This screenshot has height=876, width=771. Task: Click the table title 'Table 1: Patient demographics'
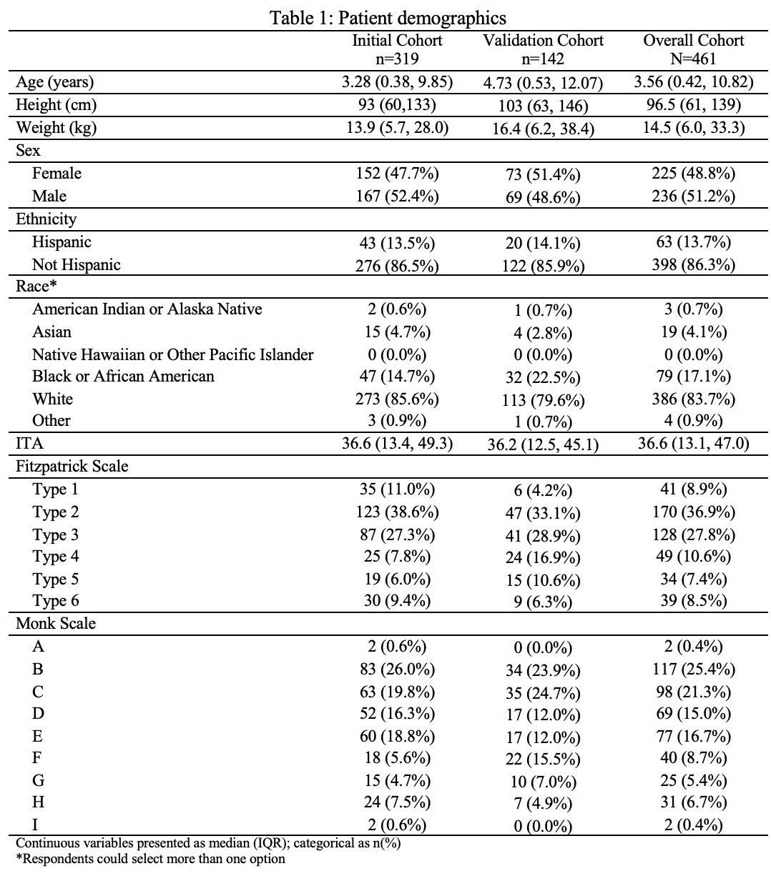click(x=388, y=17)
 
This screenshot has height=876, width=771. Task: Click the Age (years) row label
click(x=55, y=82)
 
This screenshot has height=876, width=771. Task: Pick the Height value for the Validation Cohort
click(x=543, y=106)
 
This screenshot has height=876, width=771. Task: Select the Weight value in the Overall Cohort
click(x=693, y=128)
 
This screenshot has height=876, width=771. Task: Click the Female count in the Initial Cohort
click(x=397, y=174)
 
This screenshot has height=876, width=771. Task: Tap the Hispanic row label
click(x=62, y=242)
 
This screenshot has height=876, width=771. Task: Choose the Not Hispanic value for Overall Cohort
click(x=693, y=265)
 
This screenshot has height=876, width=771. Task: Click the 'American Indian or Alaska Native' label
click(x=147, y=309)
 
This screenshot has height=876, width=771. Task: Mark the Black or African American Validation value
click(x=543, y=377)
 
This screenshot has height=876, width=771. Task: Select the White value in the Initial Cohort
click(x=397, y=399)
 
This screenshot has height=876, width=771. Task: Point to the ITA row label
click(x=29, y=444)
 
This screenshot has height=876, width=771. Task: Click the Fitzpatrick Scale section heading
click(x=72, y=467)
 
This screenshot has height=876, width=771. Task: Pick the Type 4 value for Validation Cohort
click(x=543, y=557)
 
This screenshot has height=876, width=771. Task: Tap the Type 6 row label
click(x=55, y=601)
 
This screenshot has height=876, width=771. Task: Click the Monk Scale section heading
click(x=56, y=624)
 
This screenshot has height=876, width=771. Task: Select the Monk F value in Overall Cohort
click(x=693, y=757)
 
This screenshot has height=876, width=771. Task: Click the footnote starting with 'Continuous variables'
click(x=208, y=843)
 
